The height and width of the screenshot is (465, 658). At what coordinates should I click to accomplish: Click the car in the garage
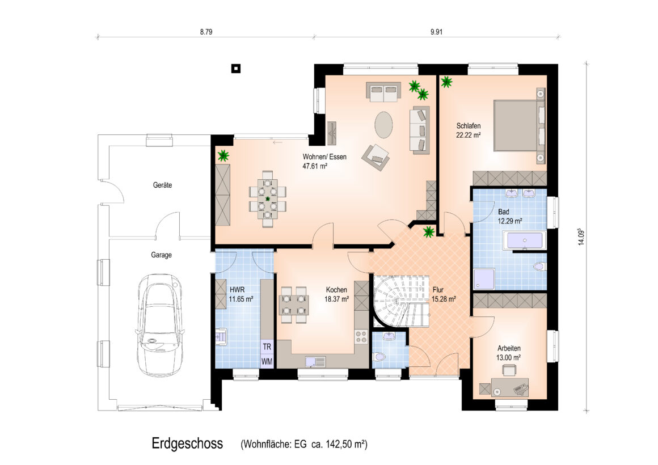(161, 325)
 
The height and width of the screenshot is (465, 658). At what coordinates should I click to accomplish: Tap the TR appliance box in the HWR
(267, 347)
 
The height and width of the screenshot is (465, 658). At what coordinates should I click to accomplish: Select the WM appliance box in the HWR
(267, 361)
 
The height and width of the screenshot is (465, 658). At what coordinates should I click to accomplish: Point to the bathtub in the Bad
(525, 241)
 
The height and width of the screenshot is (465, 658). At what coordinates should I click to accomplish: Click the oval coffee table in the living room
(383, 124)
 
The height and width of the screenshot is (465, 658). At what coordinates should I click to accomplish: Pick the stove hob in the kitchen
(361, 337)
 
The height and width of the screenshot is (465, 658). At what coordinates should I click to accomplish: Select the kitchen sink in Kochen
(315, 362)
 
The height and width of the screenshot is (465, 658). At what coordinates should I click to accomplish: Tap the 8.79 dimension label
(206, 32)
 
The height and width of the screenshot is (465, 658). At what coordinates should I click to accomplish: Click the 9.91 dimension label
(436, 32)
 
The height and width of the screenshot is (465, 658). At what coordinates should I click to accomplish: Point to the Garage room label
(162, 255)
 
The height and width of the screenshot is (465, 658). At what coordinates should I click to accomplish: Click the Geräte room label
(162, 185)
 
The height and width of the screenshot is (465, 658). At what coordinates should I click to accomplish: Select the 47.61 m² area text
(315, 166)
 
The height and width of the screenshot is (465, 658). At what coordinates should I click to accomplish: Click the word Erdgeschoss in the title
(187, 443)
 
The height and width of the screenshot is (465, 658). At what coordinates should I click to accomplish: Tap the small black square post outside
(237, 69)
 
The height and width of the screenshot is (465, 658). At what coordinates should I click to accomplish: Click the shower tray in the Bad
(484, 279)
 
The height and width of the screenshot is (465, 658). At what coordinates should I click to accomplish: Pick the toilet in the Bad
(541, 266)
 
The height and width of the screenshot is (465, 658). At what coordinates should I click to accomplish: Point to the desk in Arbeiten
(509, 387)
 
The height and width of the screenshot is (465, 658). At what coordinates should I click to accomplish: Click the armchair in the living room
(376, 157)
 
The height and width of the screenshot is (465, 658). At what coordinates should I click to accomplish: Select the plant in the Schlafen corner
(446, 82)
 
